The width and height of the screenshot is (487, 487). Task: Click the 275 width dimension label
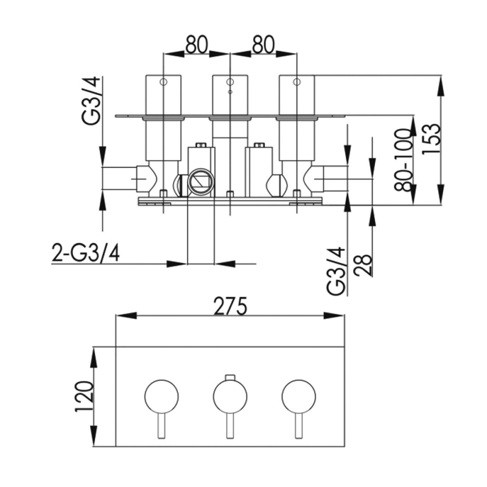click(229, 306)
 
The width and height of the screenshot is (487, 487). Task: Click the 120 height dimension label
click(84, 397)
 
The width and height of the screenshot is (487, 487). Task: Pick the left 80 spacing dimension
click(196, 44)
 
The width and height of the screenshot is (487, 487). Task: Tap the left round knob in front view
click(162, 396)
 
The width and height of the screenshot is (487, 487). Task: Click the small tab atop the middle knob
click(229, 377)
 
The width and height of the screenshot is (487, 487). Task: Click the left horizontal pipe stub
click(119, 178)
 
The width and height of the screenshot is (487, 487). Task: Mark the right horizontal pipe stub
click(334, 178)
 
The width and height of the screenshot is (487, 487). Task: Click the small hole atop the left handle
click(163, 82)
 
